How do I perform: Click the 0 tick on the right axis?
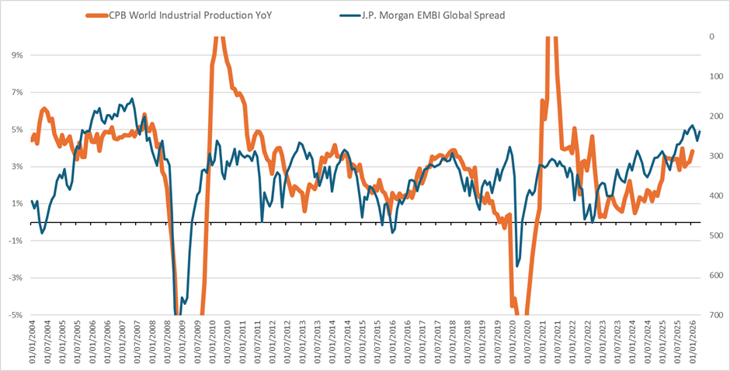(x=712, y=36)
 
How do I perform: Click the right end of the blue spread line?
(x=700, y=131)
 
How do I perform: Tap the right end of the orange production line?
(x=692, y=151)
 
